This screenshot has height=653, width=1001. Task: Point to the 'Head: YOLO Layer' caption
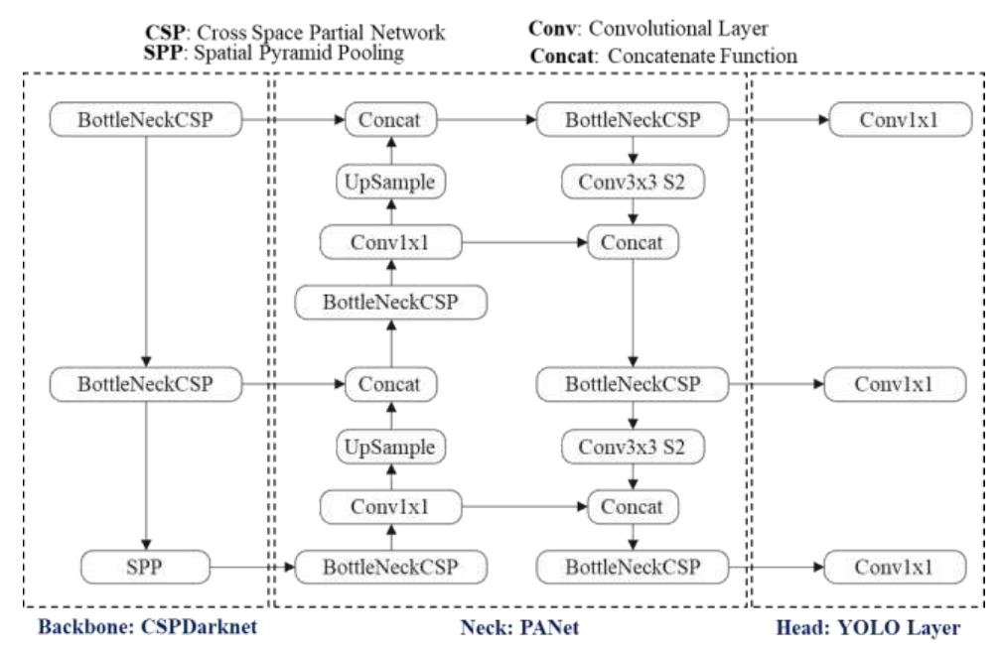tap(867, 629)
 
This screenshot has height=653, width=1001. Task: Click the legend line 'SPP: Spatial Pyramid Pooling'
tap(274, 53)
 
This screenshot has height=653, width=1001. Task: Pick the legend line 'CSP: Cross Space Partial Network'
tap(295, 33)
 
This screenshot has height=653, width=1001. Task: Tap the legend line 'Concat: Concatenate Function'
tap(663, 56)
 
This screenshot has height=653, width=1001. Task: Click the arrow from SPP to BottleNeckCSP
tap(252, 569)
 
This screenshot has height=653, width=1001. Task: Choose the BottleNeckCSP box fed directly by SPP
tap(390, 568)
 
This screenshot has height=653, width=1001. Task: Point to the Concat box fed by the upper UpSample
tap(389, 121)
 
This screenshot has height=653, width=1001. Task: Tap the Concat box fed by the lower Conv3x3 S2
tap(633, 507)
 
